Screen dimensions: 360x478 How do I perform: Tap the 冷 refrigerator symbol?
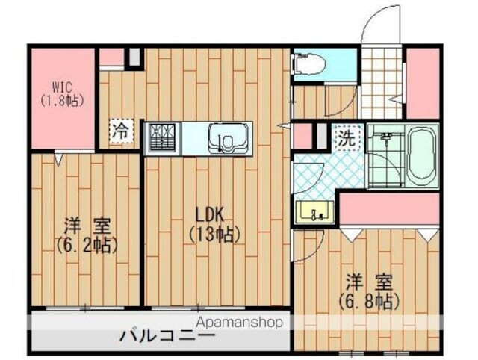pos(120,130)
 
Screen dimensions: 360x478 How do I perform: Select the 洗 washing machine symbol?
pos(346,138)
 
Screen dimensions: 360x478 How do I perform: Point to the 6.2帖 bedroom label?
pos(86,234)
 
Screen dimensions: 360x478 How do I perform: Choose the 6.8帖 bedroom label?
pos(367,292)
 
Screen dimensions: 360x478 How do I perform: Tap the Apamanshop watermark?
pos(240,323)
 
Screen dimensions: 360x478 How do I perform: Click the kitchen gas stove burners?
pos(164,138)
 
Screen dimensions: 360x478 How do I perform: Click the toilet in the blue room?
pos(311,64)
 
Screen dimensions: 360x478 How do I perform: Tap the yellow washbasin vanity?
pos(314,213)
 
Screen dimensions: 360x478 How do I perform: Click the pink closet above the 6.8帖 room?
pos(388,209)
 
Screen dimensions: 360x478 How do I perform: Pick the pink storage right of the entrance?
pos(423,82)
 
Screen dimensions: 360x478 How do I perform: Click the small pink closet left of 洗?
pos(302,137)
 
